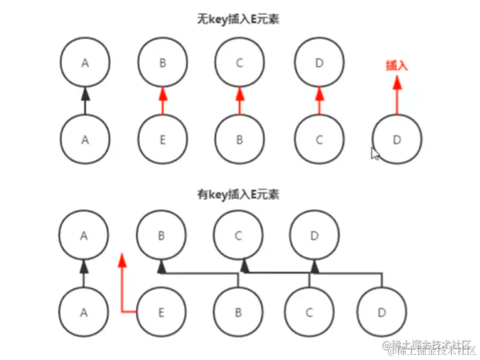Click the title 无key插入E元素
(x=238, y=19)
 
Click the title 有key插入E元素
(x=238, y=194)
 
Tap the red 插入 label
(x=396, y=65)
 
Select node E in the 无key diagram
(x=162, y=140)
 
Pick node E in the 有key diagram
(x=160, y=313)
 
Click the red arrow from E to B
(x=162, y=101)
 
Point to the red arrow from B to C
(x=240, y=101)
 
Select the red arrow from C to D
(x=319, y=101)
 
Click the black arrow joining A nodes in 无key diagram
(x=85, y=101)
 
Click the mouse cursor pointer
(x=375, y=153)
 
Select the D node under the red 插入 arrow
(x=396, y=140)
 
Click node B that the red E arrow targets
(x=162, y=62)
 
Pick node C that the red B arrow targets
(x=240, y=62)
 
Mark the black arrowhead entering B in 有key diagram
(x=161, y=268)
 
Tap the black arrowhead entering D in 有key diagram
(x=315, y=268)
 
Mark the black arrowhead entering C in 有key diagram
(x=244, y=268)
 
